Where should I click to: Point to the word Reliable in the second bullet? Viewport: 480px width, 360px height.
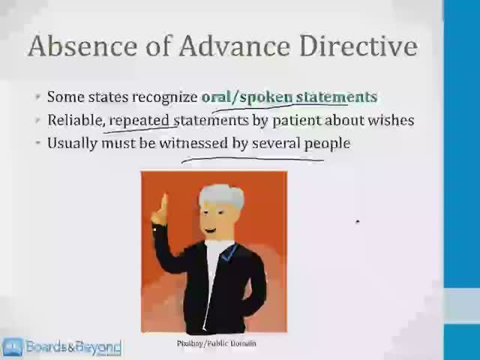(x=75, y=120)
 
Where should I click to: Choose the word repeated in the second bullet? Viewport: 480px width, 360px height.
(x=140, y=120)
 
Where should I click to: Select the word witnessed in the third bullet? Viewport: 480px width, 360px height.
(x=193, y=142)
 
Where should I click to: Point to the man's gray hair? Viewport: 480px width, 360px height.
(x=222, y=196)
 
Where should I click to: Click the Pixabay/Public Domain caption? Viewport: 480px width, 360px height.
(x=216, y=343)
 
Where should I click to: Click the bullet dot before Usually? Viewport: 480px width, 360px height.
(x=37, y=142)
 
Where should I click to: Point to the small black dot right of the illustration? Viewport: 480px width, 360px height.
(x=358, y=222)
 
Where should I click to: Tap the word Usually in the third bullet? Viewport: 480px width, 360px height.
(x=73, y=142)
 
